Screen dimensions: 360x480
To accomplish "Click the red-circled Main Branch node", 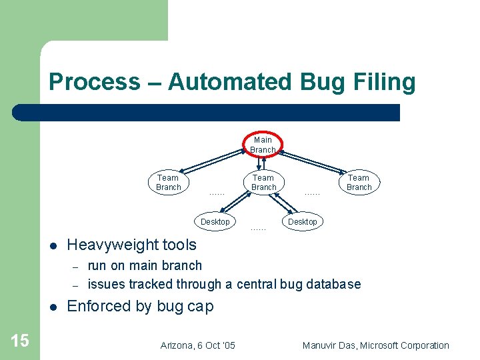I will coord(263,145).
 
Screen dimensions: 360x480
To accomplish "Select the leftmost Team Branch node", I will coord(168,182).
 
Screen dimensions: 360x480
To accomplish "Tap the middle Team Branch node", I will coord(263,182).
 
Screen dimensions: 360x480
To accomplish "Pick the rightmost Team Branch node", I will coord(359,182).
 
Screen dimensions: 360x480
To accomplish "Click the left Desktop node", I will coord(215,221).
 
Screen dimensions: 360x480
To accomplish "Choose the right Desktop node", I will coord(303,221).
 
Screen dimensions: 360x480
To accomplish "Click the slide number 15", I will coord(20,341).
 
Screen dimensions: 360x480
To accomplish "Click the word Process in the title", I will coord(94,82).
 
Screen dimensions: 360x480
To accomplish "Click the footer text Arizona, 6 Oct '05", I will coord(198,345).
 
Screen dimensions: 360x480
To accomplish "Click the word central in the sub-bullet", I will coord(259,285).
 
